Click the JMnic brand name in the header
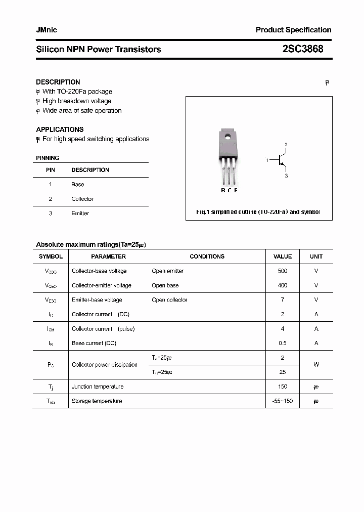(47, 30)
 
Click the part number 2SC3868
(303, 49)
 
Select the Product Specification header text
(293, 30)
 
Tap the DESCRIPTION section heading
(58, 82)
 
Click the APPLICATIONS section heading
(60, 130)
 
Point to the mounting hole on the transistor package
(229, 136)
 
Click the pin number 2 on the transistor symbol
(286, 145)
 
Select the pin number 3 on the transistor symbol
(286, 176)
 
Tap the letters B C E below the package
(229, 190)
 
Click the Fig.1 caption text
(258, 212)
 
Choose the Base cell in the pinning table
(77, 185)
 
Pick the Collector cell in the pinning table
(82, 199)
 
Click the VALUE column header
(283, 257)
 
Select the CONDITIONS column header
(207, 257)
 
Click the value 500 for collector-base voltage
(283, 271)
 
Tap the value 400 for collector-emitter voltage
(283, 285)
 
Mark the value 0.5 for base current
(283, 343)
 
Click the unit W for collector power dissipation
(316, 365)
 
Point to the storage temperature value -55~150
(283, 401)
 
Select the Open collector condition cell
(169, 300)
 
